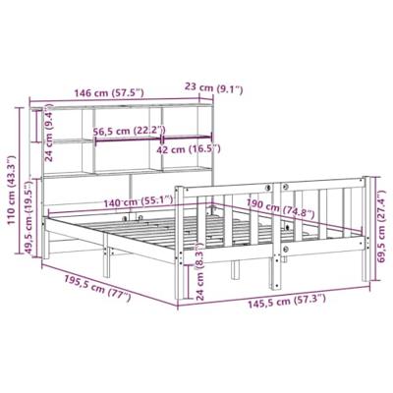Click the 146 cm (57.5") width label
pos(105,92)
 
